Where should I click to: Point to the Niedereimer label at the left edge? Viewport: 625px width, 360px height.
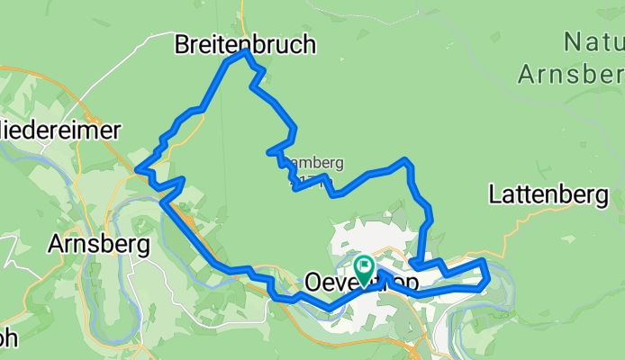(59, 130)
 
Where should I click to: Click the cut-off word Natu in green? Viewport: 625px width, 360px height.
(593, 41)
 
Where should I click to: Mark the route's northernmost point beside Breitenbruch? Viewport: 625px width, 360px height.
(244, 52)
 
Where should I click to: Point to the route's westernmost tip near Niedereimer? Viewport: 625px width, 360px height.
(136, 168)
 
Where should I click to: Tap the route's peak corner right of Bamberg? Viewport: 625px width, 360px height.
(407, 160)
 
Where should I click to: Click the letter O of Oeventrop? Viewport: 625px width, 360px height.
(316, 282)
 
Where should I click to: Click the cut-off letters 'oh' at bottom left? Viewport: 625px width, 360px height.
(7, 340)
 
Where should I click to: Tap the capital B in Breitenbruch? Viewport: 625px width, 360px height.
(184, 43)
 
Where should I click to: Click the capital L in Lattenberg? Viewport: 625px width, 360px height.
(496, 193)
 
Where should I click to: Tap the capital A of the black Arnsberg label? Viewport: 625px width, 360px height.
(55, 244)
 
